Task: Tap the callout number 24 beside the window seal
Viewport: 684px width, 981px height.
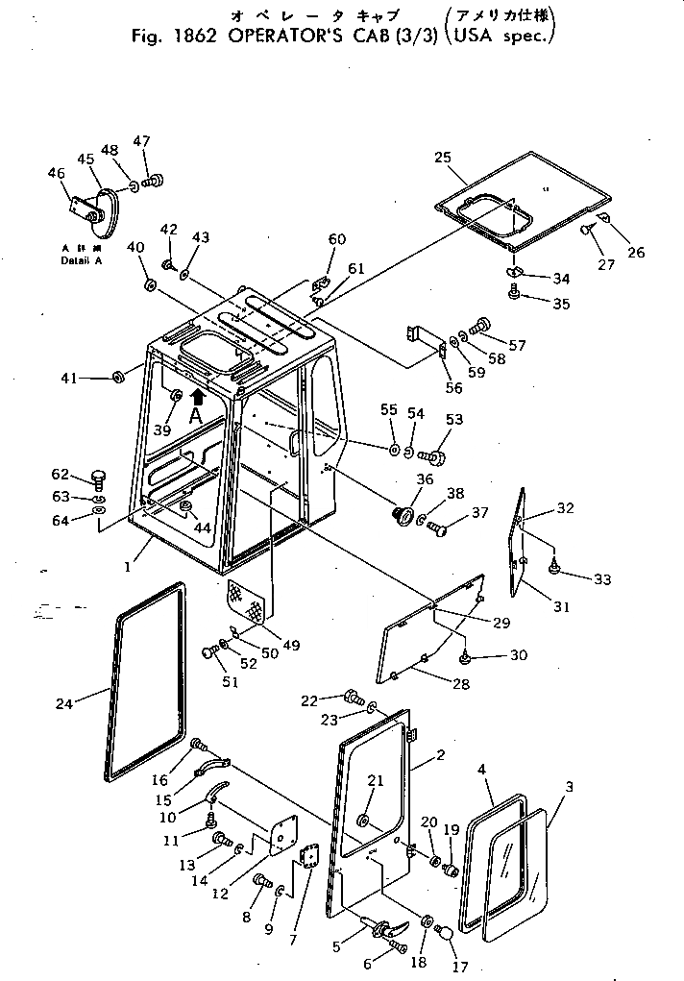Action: (64, 703)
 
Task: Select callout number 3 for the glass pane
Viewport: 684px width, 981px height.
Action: (570, 787)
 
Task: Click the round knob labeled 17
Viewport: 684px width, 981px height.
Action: (445, 931)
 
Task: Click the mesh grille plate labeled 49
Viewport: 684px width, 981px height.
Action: (248, 602)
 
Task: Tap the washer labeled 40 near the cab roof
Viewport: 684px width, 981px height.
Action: (150, 285)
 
